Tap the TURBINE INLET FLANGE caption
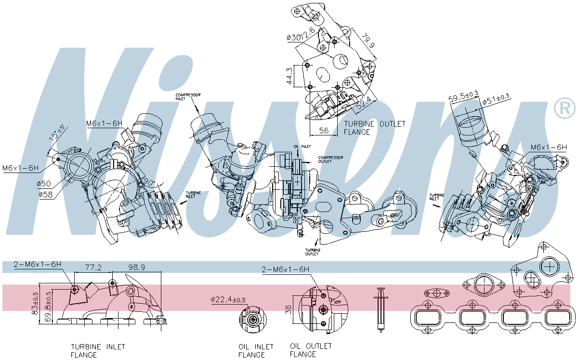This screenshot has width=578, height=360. coord(98,350)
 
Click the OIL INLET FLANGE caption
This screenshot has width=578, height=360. coord(256,350)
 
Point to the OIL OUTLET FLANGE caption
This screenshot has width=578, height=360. coord(311,350)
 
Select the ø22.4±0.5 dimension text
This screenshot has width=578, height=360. coord(228,299)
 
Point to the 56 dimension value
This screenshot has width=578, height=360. coord(324,131)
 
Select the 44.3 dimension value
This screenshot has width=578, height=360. coord(289,76)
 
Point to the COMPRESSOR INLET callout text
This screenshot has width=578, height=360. coord(188,96)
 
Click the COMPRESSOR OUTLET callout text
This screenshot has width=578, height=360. coord(330,159)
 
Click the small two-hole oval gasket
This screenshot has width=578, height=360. coord(436,292)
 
